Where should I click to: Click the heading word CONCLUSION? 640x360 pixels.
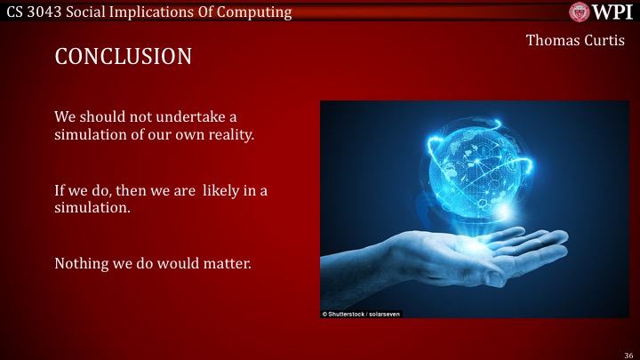pyautogui.click(x=124, y=57)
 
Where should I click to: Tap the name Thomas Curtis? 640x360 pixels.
pyautogui.click(x=575, y=40)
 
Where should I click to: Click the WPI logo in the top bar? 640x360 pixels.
pyautogui.click(x=602, y=12)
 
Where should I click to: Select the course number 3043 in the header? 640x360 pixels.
pyautogui.click(x=49, y=12)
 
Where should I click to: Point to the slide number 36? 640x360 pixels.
pyautogui.click(x=628, y=353)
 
